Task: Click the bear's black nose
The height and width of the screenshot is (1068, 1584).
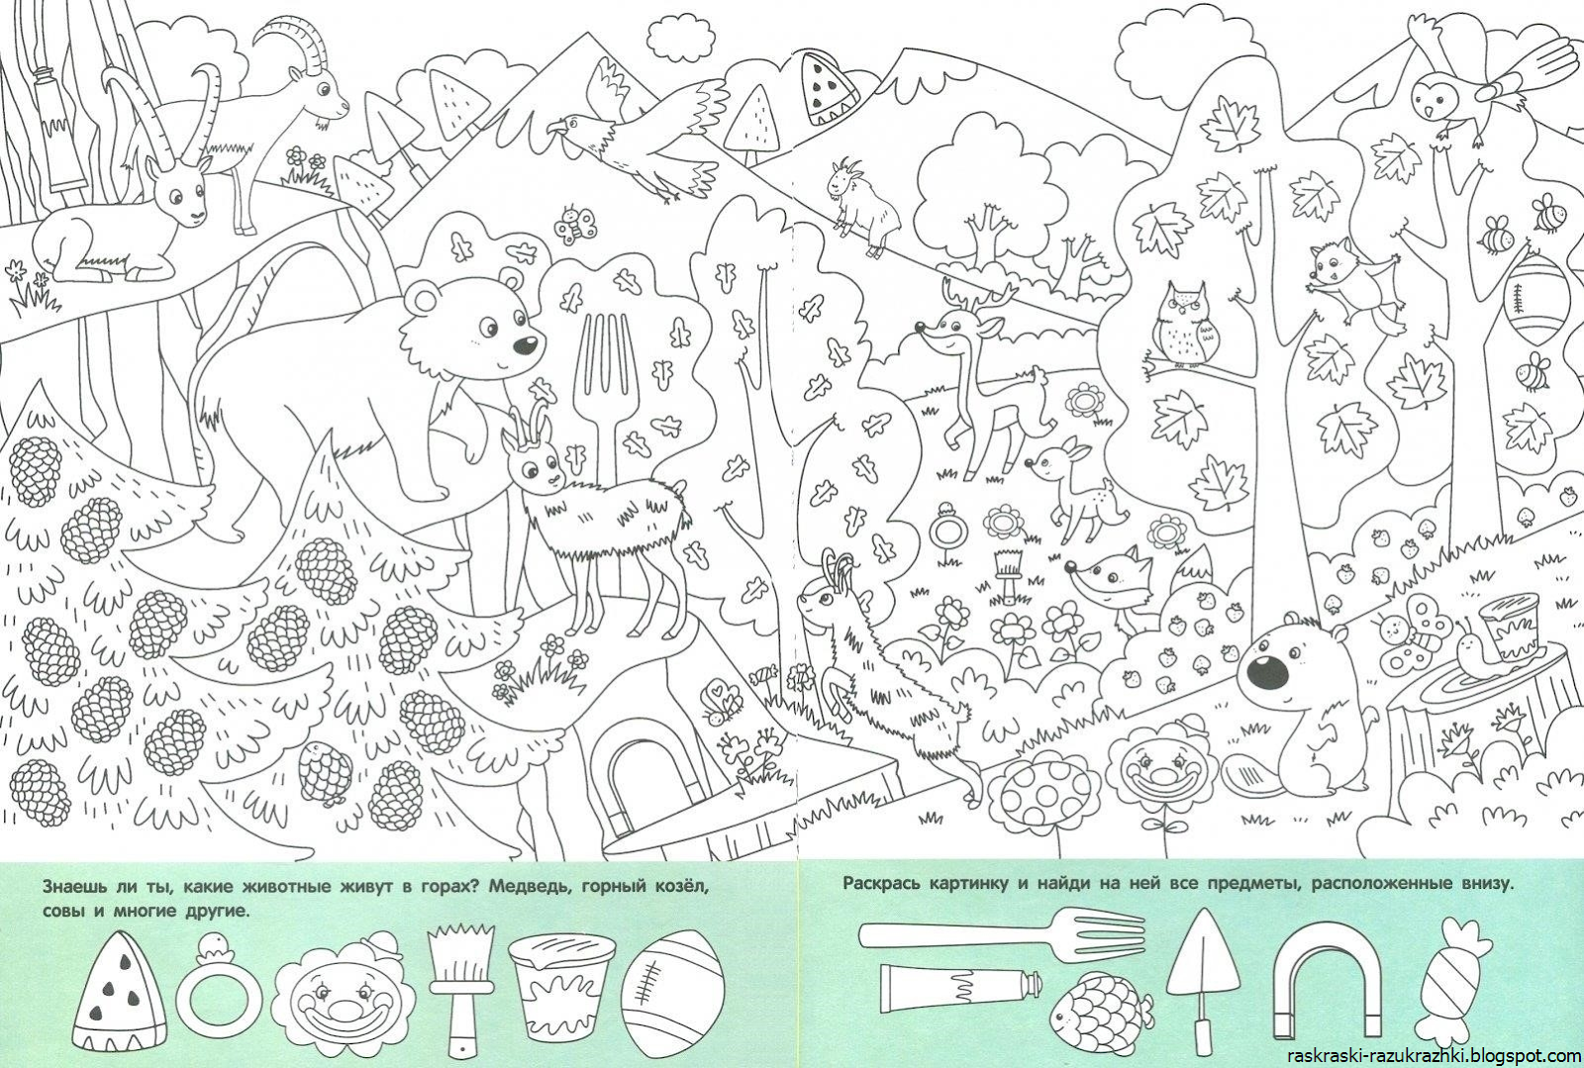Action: (525, 344)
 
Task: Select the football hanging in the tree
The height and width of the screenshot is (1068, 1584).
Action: (1537, 299)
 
